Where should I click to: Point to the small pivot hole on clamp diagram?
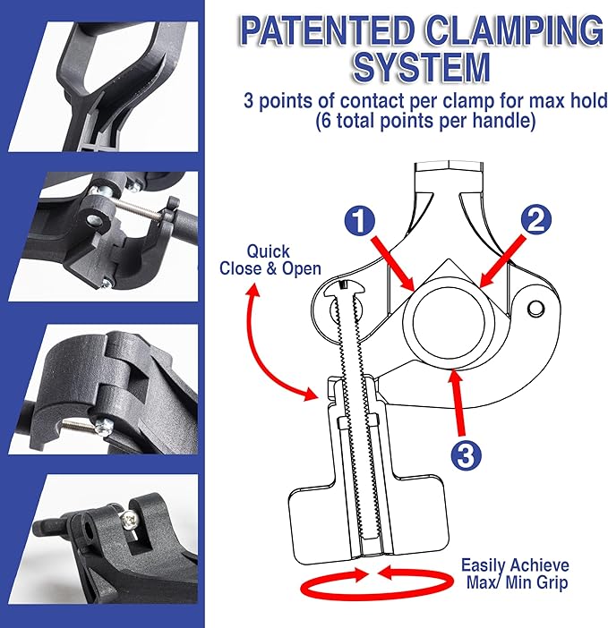pos(535,309)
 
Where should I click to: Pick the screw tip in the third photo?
pos(101,427)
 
